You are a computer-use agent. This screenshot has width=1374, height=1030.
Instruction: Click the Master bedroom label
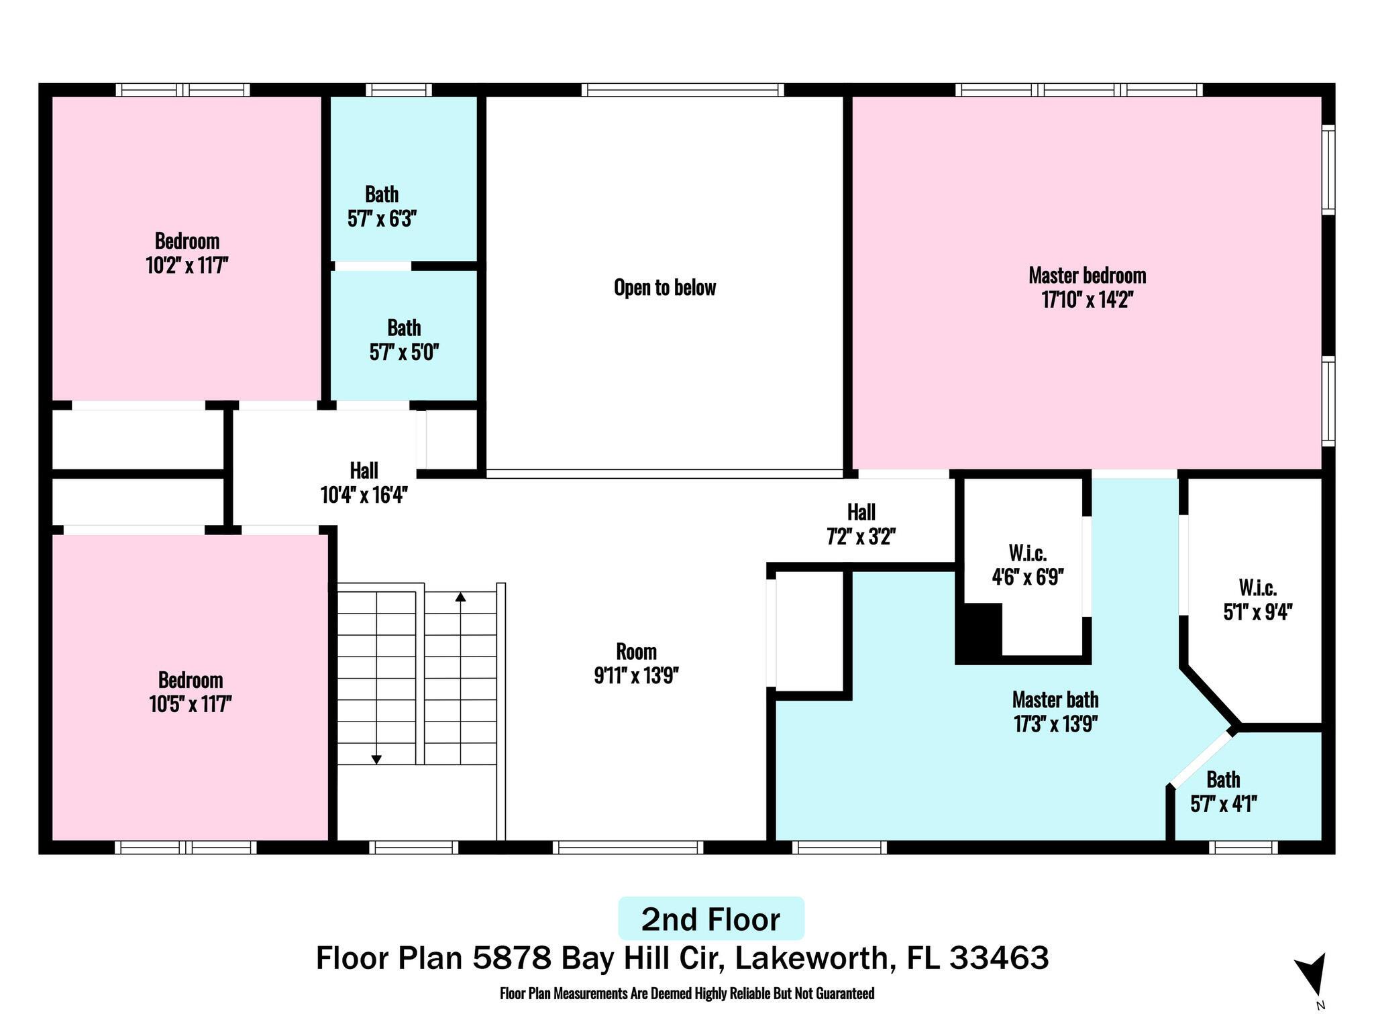tap(1087, 276)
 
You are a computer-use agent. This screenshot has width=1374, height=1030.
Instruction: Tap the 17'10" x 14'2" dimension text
tap(1087, 300)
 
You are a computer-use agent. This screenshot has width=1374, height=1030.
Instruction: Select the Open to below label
tap(665, 288)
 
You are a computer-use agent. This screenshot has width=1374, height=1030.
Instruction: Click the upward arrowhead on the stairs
tap(460, 596)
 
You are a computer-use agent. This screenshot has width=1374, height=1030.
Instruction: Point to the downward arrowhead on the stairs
tap(376, 759)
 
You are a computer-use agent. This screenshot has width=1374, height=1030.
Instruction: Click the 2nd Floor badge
tap(710, 919)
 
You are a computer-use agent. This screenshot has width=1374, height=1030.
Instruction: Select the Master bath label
tap(1055, 700)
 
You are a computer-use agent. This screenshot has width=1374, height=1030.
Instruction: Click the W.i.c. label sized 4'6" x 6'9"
tap(1027, 553)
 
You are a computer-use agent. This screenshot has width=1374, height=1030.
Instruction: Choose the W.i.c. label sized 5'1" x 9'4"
tap(1257, 588)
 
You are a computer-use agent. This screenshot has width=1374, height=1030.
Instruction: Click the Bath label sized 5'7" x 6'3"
tap(382, 194)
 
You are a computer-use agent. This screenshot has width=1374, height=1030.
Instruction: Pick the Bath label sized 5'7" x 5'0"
tap(404, 328)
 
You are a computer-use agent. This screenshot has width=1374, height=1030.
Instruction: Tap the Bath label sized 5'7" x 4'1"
tap(1223, 780)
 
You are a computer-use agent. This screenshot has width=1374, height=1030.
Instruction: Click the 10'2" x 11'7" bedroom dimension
tap(187, 266)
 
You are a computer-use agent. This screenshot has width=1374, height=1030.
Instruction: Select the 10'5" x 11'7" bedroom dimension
tap(191, 705)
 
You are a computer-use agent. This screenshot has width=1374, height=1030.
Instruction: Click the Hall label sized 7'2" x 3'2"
tap(861, 513)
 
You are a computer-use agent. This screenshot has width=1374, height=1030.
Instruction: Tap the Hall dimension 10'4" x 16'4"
tap(364, 495)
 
